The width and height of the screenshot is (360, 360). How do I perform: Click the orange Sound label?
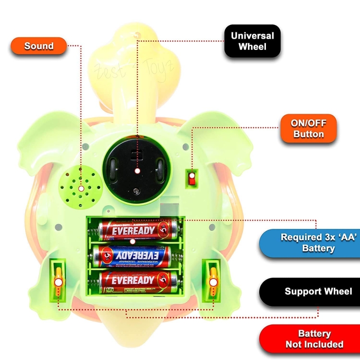pos(39,46)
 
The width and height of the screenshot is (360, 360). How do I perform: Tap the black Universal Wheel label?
pos(252,41)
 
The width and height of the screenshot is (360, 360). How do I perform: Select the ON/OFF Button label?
pos(309,128)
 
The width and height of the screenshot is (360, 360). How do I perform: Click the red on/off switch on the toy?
pos(193,178)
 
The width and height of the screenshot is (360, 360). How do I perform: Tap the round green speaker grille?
pos(81,188)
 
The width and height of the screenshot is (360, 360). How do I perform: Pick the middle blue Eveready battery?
pos(132,256)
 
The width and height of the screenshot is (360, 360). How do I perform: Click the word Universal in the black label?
pos(252,36)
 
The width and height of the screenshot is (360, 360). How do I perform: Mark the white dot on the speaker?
pos(81,189)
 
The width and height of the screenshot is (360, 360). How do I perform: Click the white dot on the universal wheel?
pos(137,171)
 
